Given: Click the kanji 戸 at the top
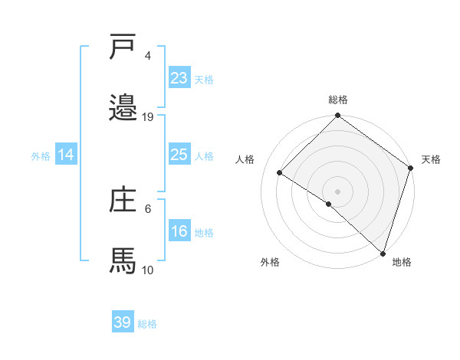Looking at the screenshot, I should tap(123, 47).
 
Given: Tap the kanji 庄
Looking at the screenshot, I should tap(123, 200).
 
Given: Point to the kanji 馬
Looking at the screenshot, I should tap(123, 260).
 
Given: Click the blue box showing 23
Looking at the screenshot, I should tap(179, 77).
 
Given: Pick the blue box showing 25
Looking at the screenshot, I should tap(179, 155).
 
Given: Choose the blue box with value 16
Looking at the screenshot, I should tap(179, 232).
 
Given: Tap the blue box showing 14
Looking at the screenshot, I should tap(66, 155).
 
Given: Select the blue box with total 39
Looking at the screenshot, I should tap(123, 322).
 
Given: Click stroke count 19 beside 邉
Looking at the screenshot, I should tap(148, 116).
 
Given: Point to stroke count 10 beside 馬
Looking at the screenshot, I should tap(148, 270).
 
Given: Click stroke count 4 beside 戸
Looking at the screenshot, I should tap(148, 56).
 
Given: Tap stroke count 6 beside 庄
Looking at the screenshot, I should tap(148, 208).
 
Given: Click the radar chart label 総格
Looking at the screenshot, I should tap(337, 100).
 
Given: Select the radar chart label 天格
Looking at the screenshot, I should tap(431, 159).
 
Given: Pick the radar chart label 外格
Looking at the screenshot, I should tap(270, 262).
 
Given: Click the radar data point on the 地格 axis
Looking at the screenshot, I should tap(383, 253).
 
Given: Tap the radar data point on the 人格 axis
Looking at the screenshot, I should tap(280, 173).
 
